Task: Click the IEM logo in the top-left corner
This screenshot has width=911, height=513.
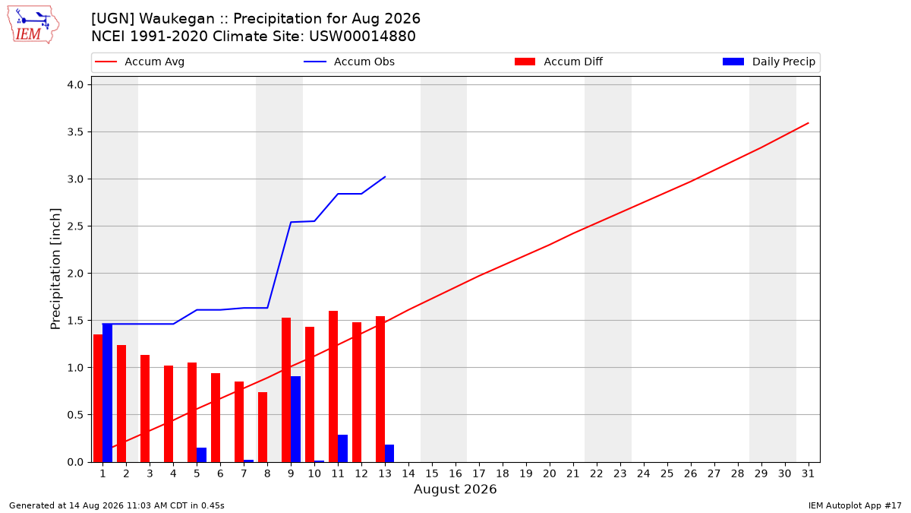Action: click(x=33, y=25)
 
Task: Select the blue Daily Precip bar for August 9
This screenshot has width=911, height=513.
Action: click(x=295, y=419)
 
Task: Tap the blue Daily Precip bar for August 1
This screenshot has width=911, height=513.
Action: click(x=107, y=393)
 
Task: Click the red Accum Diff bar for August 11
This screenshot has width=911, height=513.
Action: click(x=333, y=386)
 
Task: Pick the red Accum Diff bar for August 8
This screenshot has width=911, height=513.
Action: click(x=263, y=427)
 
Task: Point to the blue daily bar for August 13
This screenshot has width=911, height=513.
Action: click(x=389, y=453)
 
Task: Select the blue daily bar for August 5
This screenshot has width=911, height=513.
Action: click(x=201, y=454)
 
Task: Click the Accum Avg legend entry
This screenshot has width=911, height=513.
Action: click(x=140, y=62)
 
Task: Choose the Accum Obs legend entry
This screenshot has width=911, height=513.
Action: click(x=349, y=62)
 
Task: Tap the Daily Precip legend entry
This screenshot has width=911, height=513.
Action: click(x=769, y=62)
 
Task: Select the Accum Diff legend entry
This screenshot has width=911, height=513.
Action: click(x=559, y=62)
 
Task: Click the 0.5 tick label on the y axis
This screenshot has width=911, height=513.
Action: click(x=75, y=415)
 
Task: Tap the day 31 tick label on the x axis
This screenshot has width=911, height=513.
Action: click(x=808, y=473)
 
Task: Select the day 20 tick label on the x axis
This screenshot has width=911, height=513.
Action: click(x=550, y=473)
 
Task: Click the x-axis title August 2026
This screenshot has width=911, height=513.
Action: click(x=455, y=489)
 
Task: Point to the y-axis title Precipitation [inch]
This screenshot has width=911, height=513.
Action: click(x=55, y=269)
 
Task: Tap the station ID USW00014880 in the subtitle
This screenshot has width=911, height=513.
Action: click(x=362, y=36)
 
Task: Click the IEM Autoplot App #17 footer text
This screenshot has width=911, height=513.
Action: click(x=855, y=505)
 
